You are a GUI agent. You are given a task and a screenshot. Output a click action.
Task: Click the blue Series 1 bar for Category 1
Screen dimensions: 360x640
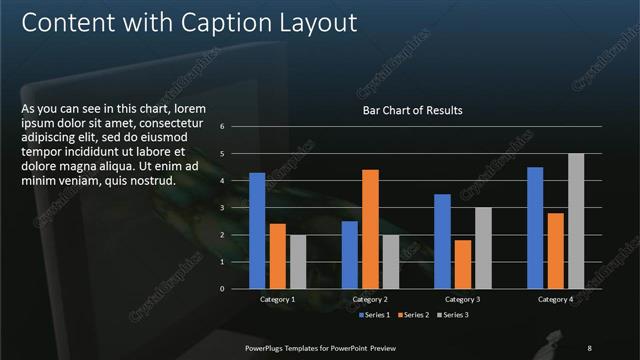257,230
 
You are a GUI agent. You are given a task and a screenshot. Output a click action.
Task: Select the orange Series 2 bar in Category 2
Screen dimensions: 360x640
370,229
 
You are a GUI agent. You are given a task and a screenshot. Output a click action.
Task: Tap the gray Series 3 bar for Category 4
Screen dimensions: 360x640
576,221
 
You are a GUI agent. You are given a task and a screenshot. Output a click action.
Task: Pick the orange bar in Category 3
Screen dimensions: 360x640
463,264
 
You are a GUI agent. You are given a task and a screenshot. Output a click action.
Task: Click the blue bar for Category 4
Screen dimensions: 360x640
535,228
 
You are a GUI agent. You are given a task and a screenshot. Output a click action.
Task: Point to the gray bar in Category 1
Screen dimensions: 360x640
298,261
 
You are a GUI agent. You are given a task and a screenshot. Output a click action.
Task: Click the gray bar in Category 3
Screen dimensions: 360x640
483,248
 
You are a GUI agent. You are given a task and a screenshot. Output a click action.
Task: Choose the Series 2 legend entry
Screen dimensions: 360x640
414,315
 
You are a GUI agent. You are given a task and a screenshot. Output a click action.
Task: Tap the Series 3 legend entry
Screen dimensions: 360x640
455,315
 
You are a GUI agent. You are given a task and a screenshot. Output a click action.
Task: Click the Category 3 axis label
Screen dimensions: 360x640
462,299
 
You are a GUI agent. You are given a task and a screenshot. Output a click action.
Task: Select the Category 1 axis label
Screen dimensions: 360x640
277,299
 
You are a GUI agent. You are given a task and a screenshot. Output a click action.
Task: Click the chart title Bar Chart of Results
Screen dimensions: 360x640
412,110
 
